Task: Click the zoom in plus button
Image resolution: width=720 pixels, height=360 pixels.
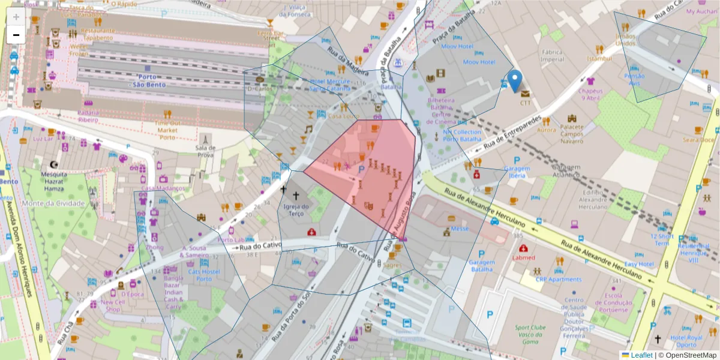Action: pos(16,17)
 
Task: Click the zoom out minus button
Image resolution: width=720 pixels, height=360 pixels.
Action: pos(16,35)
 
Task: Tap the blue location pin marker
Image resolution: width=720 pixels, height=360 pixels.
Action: pos(515,80)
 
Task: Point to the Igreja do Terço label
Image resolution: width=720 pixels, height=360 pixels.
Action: pos(295,211)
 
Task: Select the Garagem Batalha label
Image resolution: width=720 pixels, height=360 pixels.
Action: pos(481,265)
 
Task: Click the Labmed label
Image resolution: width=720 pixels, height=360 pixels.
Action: pos(523,258)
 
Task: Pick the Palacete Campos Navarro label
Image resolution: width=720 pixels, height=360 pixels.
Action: pos(572,134)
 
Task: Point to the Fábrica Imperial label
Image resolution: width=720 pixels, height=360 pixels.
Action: pos(552,56)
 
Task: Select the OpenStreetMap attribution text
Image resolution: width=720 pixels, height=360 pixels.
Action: pos(689,355)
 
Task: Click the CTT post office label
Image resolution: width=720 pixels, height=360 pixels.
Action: pos(525,103)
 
